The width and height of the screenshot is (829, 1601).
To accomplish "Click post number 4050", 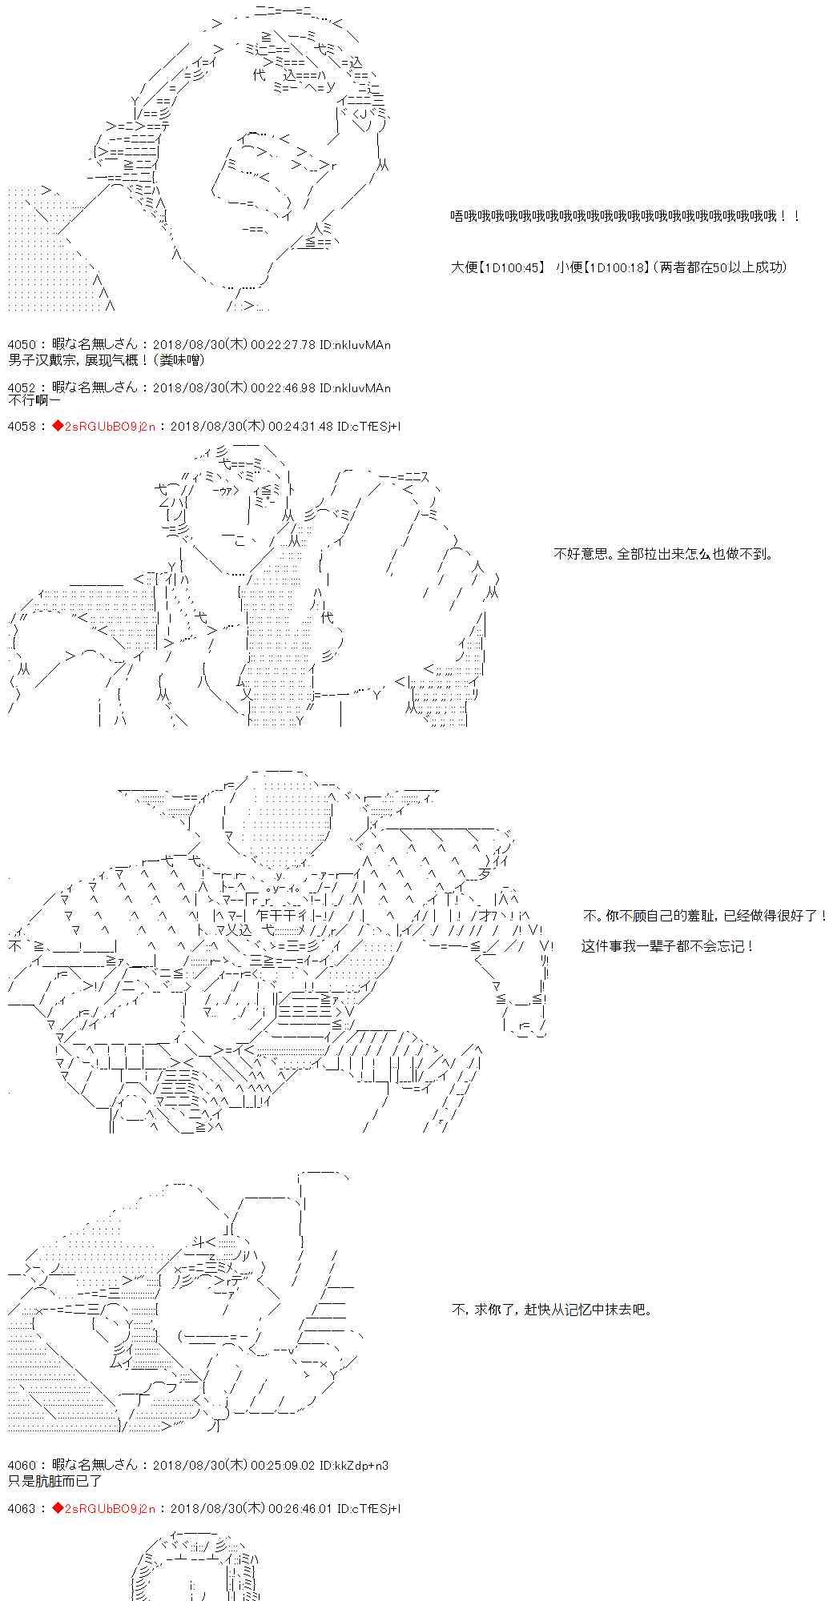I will [19, 345].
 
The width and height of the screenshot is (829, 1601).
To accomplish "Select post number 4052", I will [19, 388].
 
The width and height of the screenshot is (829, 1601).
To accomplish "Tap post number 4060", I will [19, 1465].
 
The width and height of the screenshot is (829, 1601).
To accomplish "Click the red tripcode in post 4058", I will [104, 426].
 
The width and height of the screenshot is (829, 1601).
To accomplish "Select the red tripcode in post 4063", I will [104, 1508].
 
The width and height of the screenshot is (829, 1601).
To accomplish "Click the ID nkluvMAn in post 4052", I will [354, 388].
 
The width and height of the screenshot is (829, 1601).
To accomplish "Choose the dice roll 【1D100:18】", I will [614, 267].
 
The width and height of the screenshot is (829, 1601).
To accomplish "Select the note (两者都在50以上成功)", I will [721, 267].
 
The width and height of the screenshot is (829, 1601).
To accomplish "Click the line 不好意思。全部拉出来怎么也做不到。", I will [663, 554].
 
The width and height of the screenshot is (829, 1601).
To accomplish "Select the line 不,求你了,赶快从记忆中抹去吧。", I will [553, 1310].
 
